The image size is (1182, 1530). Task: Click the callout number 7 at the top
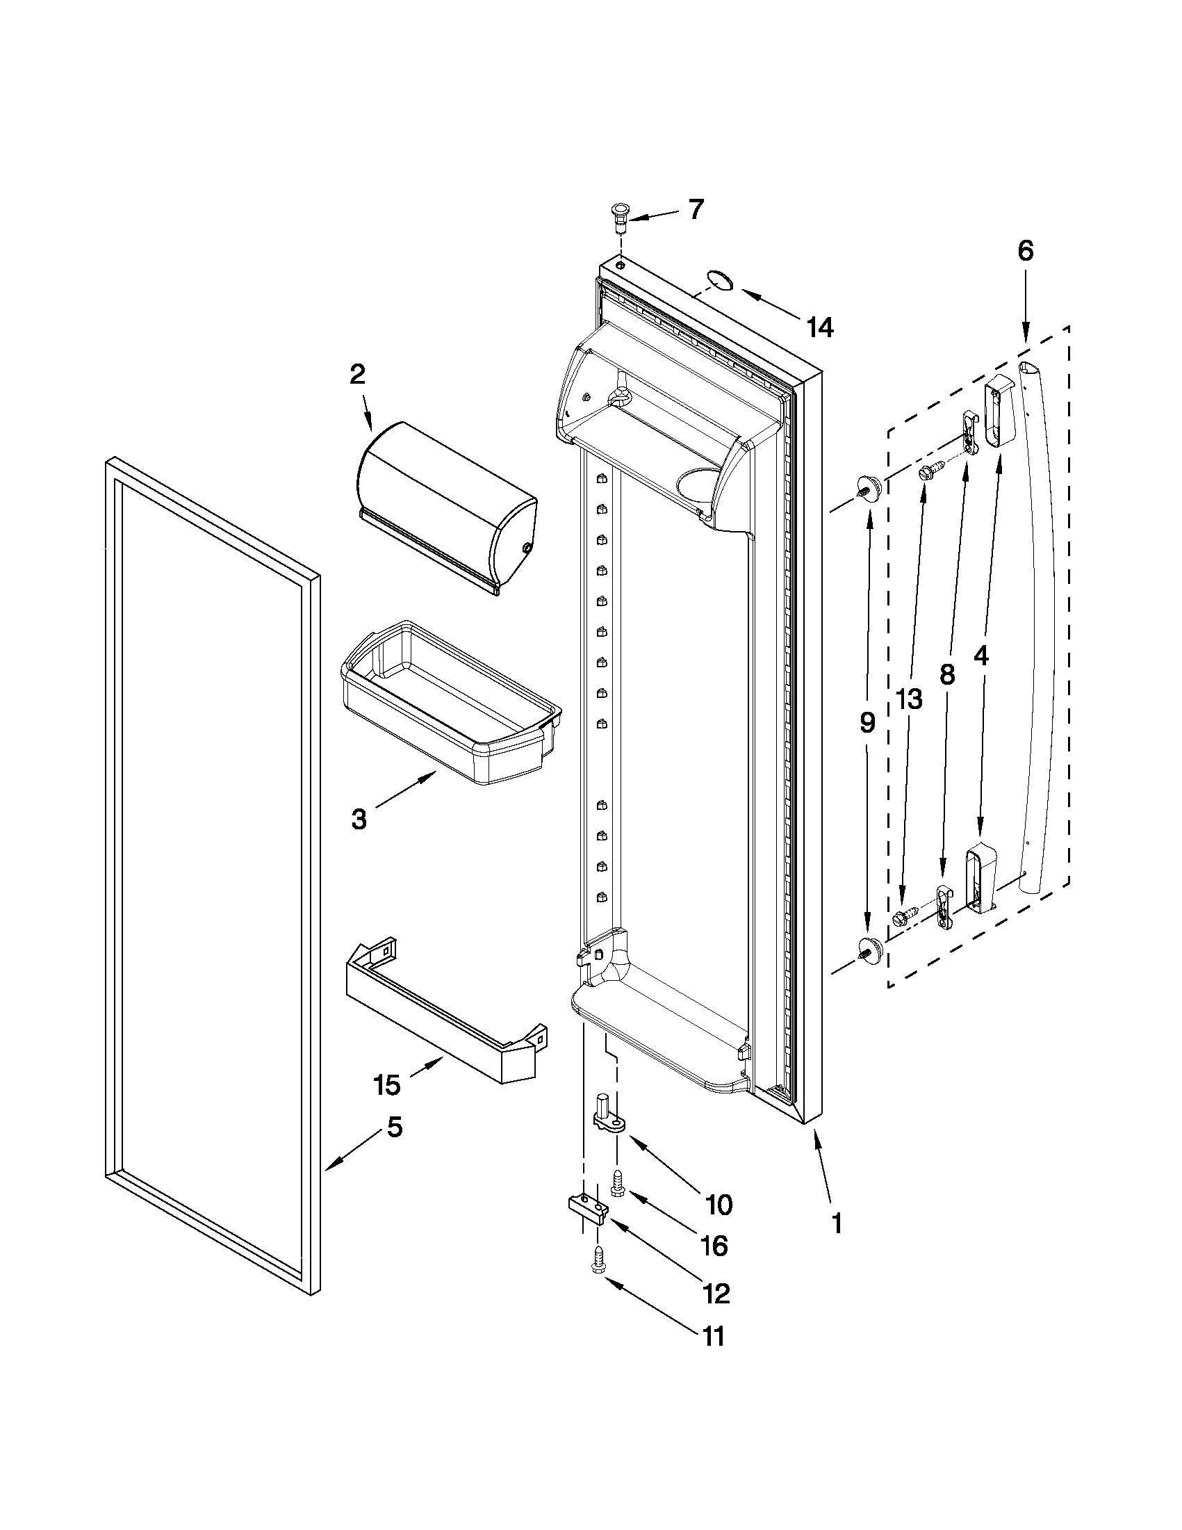point(695,209)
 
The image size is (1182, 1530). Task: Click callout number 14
point(820,327)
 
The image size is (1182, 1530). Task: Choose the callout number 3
point(359,819)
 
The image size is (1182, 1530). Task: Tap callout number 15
point(386,1084)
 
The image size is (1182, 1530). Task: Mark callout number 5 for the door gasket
point(395,1128)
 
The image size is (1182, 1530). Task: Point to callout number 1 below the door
point(836,1223)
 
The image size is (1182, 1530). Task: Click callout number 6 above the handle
point(1025,250)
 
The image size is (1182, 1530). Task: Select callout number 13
point(910,699)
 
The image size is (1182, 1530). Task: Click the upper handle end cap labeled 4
point(1000,411)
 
